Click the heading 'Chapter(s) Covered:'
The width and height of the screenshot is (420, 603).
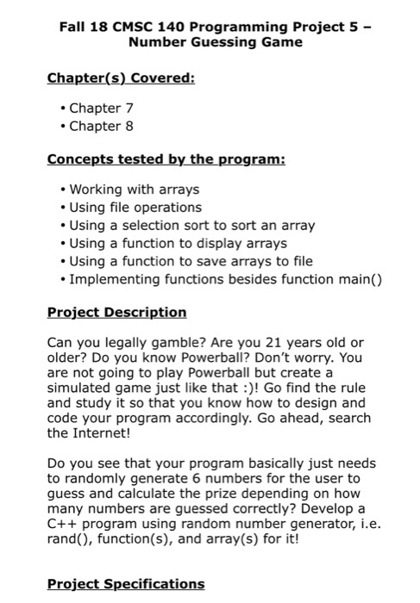tap(121, 78)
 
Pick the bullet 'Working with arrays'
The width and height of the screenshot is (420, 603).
tap(134, 190)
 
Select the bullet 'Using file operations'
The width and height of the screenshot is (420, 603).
tap(135, 208)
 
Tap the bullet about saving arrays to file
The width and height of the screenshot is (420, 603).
tap(179, 261)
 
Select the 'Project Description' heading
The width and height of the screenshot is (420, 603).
tap(116, 312)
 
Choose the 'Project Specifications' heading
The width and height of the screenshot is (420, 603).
tap(126, 583)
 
